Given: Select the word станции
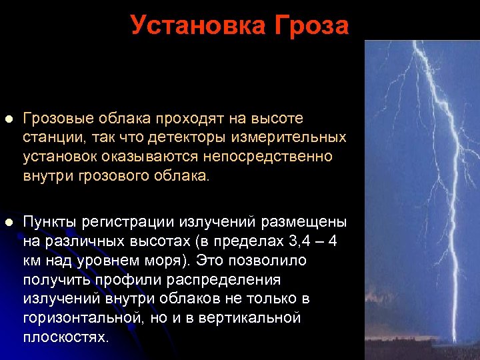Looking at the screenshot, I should pos(50,137).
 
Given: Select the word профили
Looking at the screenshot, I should pos(115,279).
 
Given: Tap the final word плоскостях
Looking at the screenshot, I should pos(65,337).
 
